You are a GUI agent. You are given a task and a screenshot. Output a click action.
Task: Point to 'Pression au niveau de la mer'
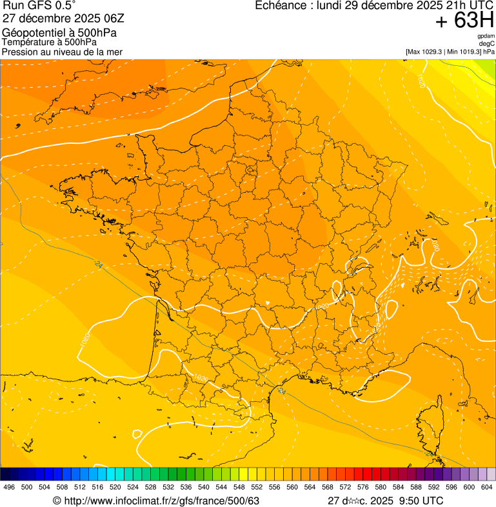62,52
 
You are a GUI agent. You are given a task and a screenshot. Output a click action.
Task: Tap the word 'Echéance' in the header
281,6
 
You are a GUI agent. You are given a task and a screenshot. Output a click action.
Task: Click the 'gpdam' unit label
486,36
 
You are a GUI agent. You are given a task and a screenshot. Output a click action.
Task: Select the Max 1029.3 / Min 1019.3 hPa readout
450,51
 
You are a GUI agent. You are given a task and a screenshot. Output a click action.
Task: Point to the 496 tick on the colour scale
9,488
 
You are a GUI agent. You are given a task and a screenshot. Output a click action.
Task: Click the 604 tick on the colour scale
487,488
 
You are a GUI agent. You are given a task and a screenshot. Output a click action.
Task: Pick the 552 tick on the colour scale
257,488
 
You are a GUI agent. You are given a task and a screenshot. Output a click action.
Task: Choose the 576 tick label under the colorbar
363,488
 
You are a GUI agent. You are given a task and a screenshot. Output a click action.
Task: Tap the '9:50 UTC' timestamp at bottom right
421,501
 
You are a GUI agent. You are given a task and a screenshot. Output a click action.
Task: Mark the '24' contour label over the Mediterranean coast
282,391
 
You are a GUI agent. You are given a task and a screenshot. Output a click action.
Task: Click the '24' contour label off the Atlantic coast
99,264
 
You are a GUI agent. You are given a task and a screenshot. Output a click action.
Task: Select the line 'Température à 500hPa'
48,42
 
